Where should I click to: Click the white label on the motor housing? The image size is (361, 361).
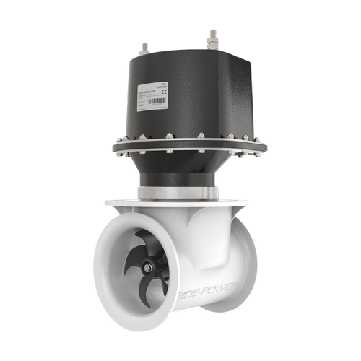tap(151, 97)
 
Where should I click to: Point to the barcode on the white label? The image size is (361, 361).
tap(157, 100)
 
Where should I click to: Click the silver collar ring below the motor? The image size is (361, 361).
tap(184, 191)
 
